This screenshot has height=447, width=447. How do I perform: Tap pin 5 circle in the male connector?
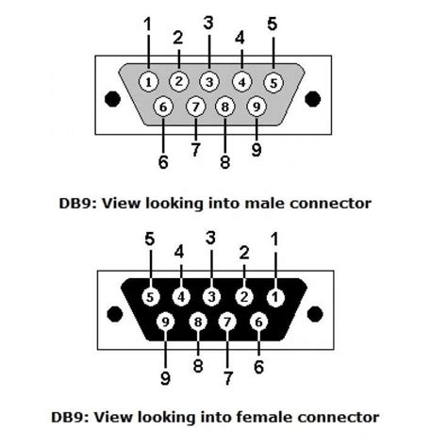click(273, 81)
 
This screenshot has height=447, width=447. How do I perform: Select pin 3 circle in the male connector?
click(210, 81)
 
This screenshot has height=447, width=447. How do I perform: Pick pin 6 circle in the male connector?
click(164, 107)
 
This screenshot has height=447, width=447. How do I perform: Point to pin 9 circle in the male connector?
click(257, 107)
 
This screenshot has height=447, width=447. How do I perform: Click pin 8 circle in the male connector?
click(225, 107)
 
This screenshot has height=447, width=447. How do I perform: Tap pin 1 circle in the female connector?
click(274, 297)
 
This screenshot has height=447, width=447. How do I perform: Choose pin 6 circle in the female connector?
click(259, 323)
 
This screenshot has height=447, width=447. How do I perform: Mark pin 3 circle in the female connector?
click(213, 297)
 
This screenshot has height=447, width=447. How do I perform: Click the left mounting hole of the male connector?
click(112, 97)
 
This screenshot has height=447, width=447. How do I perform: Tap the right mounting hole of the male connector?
click(313, 97)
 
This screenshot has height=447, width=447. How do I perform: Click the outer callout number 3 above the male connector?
click(208, 22)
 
